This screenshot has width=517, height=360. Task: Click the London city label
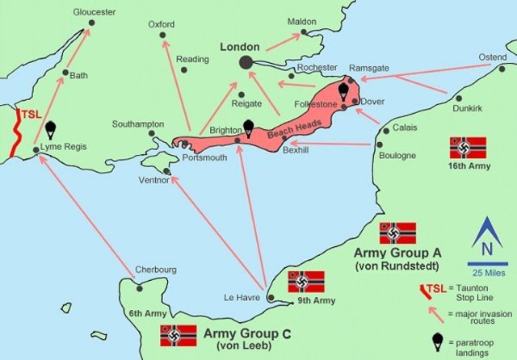click(240, 48)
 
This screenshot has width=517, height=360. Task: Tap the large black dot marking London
click(246, 62)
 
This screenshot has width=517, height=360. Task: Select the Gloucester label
click(94, 12)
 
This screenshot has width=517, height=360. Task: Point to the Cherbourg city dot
click(140, 288)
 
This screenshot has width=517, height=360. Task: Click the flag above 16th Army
click(468, 147)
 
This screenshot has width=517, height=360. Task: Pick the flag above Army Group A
click(397, 233)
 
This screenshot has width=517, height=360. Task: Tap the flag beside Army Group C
click(179, 335)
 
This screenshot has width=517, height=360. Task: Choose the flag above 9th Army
click(305, 281)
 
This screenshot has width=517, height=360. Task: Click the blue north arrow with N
click(485, 239)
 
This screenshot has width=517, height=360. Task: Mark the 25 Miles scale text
click(485, 270)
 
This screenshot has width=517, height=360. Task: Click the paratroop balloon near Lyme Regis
click(51, 129)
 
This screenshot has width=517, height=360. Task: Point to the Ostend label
click(492, 57)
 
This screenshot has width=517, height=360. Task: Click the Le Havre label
click(240, 298)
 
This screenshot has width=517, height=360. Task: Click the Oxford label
click(162, 24)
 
